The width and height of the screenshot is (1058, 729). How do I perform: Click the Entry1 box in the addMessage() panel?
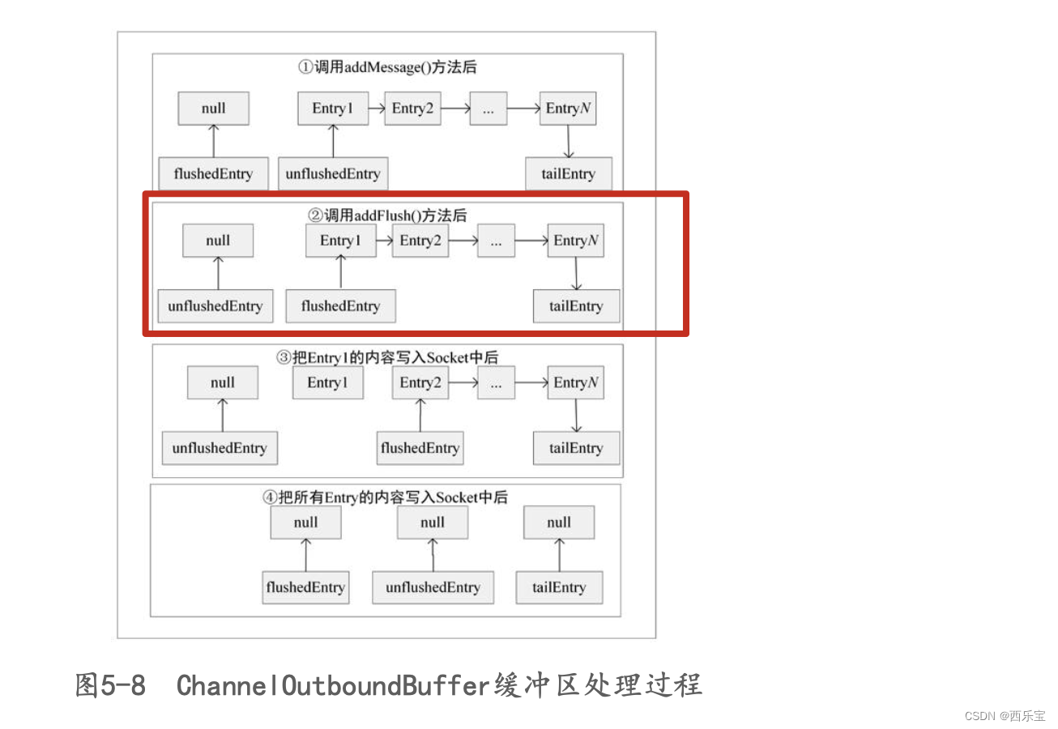pos(333,109)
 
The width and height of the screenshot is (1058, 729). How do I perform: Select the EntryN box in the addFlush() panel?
pos(575,241)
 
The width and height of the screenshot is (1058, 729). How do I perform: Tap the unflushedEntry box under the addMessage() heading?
pos(332,174)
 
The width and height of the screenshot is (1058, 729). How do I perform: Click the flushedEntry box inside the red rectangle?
pos(340,306)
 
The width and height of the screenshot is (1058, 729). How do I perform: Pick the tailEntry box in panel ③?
pos(576,448)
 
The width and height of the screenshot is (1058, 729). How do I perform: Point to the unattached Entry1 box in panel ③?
pos(328,383)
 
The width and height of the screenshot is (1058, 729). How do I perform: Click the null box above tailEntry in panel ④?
pos(559,522)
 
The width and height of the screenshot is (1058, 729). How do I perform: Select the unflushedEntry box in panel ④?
pos(433,587)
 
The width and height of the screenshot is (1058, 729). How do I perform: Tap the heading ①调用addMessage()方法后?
pos(387,67)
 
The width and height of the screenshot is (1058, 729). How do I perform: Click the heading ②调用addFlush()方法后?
pos(387,215)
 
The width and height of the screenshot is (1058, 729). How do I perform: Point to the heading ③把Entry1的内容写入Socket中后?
pos(387,357)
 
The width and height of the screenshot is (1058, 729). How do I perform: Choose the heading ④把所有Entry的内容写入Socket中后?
pos(386,497)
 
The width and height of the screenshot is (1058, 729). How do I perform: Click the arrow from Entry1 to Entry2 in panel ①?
pos(377,108)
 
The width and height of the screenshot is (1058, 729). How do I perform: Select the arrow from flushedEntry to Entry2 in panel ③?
pos(420,416)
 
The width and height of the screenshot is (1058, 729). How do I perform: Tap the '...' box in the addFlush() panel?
pos(496,241)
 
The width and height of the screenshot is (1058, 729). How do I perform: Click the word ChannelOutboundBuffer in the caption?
pos(333,685)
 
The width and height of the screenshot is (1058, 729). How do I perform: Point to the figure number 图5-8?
pos(110,685)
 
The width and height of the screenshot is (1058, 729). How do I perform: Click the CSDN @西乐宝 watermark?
pos(1005,716)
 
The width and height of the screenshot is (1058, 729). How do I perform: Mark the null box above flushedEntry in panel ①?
pos(214,109)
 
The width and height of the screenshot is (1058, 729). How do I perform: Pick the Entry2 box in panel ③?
pos(420,383)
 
